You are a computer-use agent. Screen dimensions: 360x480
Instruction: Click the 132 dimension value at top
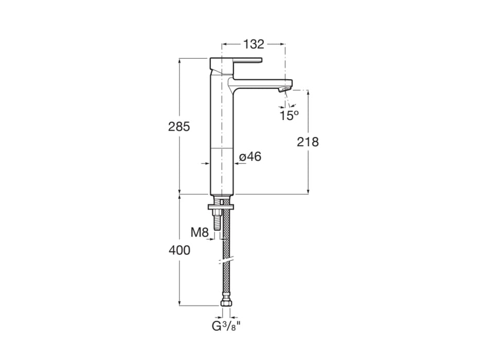coord(253,44)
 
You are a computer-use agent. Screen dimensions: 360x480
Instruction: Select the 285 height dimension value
coord(180,127)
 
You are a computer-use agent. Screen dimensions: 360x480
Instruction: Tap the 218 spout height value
coord(308,142)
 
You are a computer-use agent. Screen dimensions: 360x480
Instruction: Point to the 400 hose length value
coord(180,250)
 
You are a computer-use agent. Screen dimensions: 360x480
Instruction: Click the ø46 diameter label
coord(251,157)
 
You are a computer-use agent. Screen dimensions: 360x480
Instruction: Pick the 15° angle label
coord(289,115)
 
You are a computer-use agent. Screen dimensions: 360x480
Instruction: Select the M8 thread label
coord(200,232)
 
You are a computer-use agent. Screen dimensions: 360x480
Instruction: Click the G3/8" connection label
coord(226,326)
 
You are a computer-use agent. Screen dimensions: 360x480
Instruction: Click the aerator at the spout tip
coord(282,89)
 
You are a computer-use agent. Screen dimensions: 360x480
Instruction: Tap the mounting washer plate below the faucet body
coord(222,207)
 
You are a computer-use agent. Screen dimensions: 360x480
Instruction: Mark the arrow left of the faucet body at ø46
coord(206,164)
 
